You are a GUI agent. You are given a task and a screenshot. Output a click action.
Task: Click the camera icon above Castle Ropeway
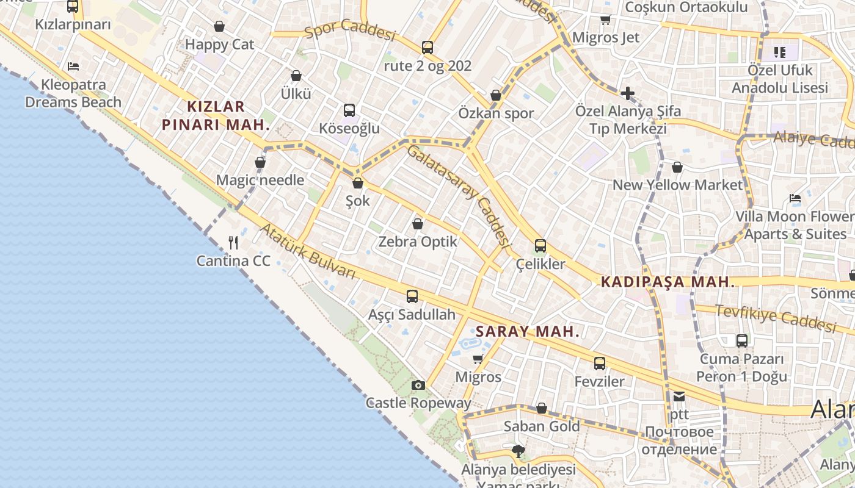[418, 385]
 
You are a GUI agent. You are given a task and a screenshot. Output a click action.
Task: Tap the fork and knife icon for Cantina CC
[233, 243]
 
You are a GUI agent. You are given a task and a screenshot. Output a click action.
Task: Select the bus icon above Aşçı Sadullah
[412, 296]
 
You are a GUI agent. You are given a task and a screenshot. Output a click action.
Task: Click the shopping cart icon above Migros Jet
[605, 20]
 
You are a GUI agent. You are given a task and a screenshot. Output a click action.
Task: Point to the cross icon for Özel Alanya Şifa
[627, 93]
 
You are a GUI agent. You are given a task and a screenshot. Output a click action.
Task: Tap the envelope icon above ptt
[679, 396]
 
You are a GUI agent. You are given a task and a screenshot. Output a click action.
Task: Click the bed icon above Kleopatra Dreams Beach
[73, 66]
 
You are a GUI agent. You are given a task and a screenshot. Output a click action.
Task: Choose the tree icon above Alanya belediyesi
[518, 451]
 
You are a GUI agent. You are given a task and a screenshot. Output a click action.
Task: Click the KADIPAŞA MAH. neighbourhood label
[668, 282]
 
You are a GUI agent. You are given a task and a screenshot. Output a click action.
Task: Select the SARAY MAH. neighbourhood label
[527, 332]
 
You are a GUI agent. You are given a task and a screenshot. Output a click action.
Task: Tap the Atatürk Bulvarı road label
[308, 252]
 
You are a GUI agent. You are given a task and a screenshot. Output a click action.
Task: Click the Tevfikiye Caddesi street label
[775, 319]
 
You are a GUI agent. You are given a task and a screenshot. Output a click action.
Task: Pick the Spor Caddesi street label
[350, 28]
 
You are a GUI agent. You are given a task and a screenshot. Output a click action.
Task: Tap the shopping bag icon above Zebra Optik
[418, 224]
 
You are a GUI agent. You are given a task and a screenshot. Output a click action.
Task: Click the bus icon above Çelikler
[540, 246]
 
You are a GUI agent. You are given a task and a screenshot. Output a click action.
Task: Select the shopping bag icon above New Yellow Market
[677, 167]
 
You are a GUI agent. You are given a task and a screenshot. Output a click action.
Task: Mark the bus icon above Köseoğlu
[349, 110]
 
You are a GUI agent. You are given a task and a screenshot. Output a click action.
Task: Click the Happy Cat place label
[219, 45]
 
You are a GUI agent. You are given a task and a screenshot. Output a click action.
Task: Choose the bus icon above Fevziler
[600, 364]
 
